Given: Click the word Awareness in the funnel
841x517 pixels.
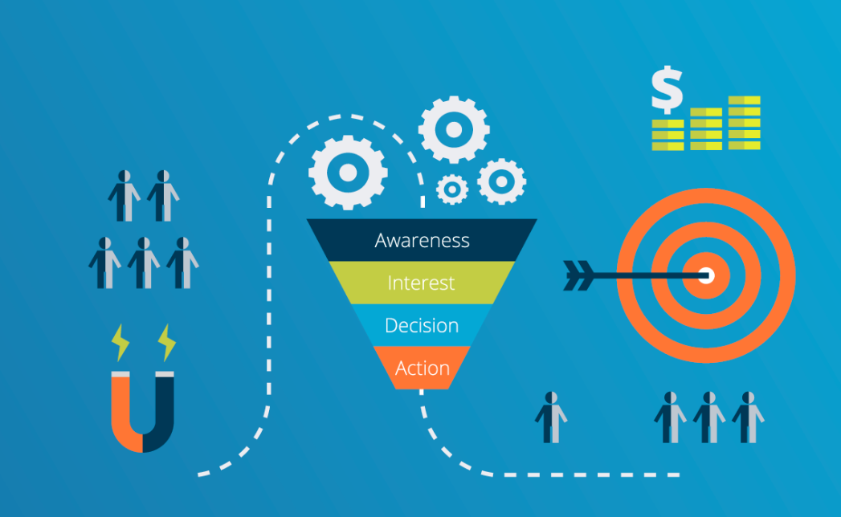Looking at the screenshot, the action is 423,240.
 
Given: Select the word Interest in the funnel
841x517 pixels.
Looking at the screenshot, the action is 421,283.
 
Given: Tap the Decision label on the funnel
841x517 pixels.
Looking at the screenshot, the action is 422,326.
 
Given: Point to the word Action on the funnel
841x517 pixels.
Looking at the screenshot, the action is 423,368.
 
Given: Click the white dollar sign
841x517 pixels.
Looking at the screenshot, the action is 667,90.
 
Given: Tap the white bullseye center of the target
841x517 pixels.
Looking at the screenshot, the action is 706,275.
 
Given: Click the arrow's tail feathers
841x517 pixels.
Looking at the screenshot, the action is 578,275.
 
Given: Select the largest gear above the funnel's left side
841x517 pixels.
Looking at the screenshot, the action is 348,173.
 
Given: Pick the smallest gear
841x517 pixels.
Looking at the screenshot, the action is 452,189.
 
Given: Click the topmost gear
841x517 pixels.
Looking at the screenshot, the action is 454,130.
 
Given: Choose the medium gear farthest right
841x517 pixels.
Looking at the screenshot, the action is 501,181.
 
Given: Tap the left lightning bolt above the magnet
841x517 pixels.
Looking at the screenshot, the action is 120,342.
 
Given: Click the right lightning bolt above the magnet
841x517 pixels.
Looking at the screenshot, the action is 167,342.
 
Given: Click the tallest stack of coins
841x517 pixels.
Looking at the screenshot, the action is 744,122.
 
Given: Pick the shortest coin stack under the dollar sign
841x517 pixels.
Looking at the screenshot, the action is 667,135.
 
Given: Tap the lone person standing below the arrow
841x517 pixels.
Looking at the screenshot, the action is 551,417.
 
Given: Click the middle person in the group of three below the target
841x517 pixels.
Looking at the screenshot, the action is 709,417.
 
